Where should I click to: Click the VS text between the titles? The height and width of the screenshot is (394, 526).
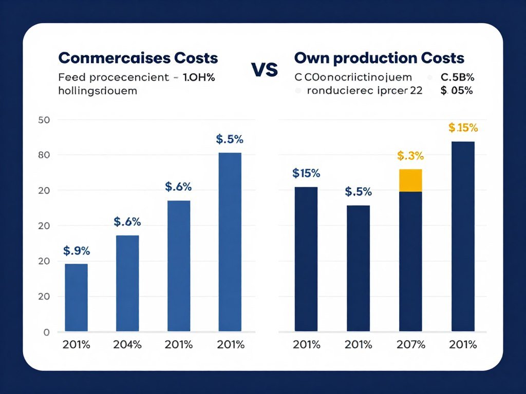pyautogui.click(x=265, y=69)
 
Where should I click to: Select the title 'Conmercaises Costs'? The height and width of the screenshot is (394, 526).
pyautogui.click(x=138, y=58)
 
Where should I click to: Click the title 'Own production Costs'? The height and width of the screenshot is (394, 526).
pyautogui.click(x=379, y=58)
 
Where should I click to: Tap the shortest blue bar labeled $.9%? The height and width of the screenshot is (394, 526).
pyautogui.click(x=76, y=298)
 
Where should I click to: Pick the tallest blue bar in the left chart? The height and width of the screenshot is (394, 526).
pyautogui.click(x=230, y=242)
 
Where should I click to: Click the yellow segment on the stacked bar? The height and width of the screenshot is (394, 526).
pyautogui.click(x=410, y=180)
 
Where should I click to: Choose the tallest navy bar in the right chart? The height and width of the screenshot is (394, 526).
pyautogui.click(x=463, y=237)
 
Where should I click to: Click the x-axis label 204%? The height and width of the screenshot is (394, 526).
pyautogui.click(x=127, y=345)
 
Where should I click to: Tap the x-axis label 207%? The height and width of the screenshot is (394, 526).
pyautogui.click(x=410, y=345)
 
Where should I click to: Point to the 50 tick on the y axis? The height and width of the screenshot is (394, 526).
pyautogui.click(x=43, y=120)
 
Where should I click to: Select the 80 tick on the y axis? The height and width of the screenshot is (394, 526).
pyautogui.click(x=43, y=155)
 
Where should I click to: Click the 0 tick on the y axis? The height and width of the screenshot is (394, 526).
pyautogui.click(x=46, y=332)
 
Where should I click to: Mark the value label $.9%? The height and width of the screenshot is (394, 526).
pyautogui.click(x=77, y=251)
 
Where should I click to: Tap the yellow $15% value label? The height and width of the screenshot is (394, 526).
pyautogui.click(x=463, y=127)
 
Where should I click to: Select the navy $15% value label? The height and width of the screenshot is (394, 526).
pyautogui.click(x=306, y=173)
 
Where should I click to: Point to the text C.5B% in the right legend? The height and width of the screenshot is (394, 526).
pyautogui.click(x=457, y=78)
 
